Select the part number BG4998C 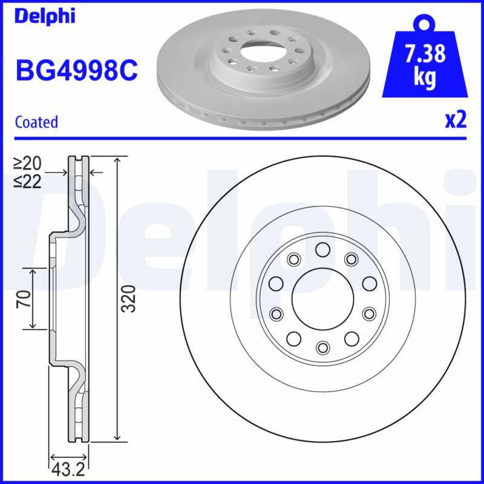point(76,71)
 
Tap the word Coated point(36,122)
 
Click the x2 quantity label point(456,120)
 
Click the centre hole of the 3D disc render point(258,47)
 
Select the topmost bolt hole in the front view point(322,249)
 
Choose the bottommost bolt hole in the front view point(322,347)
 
